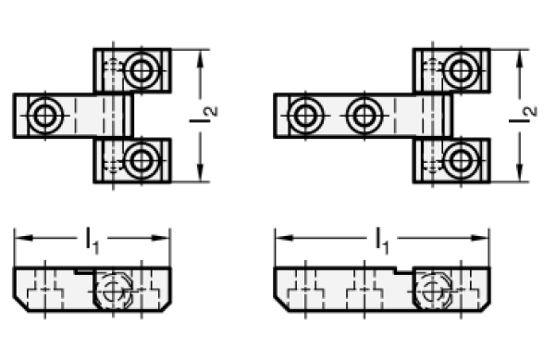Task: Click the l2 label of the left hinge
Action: pyautogui.click(x=203, y=115)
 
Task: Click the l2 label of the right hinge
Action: pyautogui.click(x=524, y=115)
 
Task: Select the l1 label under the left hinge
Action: pyautogui.click(x=92, y=242)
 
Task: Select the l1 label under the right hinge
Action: pyautogui.click(x=382, y=242)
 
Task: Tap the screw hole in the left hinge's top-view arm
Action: pyautogui.click(x=45, y=116)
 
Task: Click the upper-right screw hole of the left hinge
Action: pyautogui.click(x=142, y=70)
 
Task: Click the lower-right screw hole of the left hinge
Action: pyautogui.click(x=142, y=161)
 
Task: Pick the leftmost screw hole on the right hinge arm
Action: pyautogui.click(x=305, y=116)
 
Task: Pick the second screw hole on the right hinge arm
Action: pyautogui.click(x=364, y=116)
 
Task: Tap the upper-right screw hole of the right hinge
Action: pyautogui.click(x=461, y=70)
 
